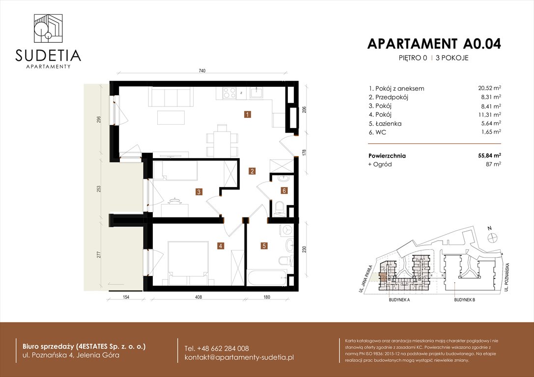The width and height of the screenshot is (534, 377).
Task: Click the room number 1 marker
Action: pos(248,115)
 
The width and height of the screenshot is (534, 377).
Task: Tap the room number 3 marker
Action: pos(199,192)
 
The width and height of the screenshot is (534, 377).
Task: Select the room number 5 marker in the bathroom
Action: pos(264,246)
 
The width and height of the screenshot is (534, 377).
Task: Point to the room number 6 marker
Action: pos(284,190)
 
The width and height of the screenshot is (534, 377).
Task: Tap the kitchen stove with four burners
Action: pos(229,92)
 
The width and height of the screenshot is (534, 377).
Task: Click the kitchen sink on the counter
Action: pos(256,92)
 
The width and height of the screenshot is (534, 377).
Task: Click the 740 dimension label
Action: pos(201,71)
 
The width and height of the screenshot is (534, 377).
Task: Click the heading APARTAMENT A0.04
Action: pos(434,44)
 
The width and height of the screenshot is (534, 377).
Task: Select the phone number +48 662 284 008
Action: pos(217,348)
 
